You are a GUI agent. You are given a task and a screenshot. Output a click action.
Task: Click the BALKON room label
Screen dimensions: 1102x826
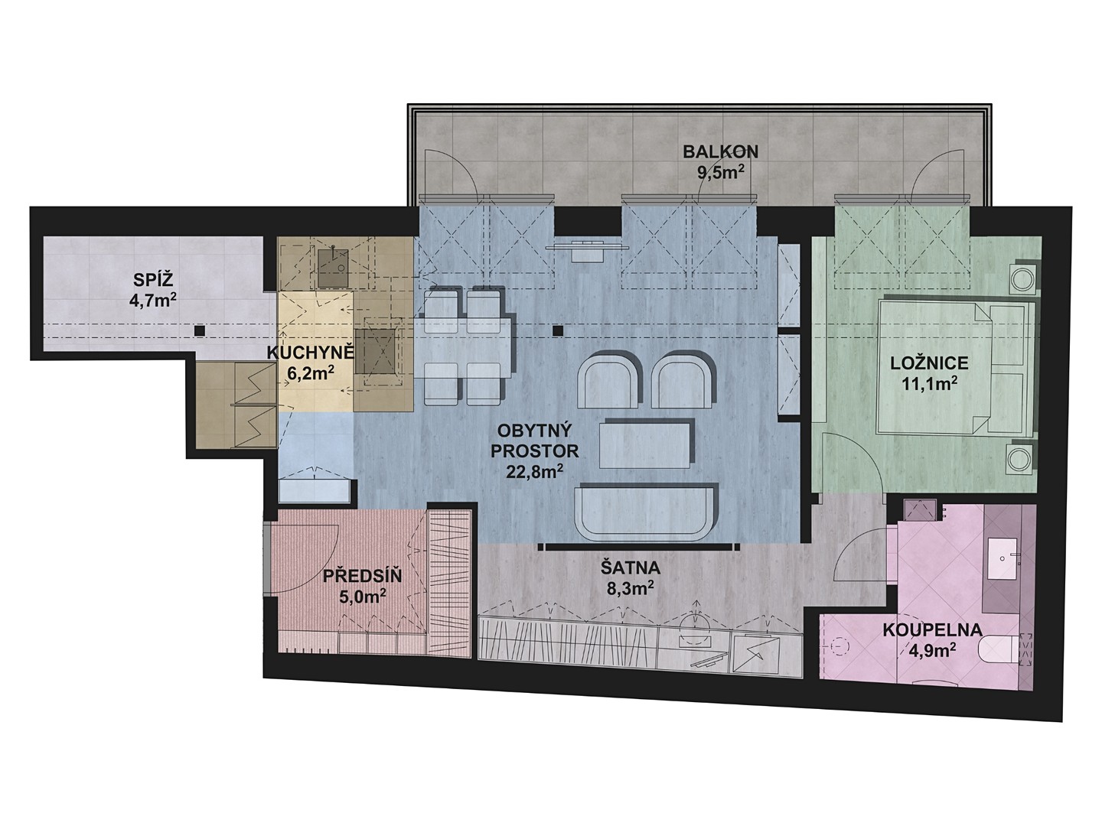click(x=720, y=151)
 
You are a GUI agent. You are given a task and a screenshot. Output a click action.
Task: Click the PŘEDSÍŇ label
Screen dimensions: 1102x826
click(x=362, y=576)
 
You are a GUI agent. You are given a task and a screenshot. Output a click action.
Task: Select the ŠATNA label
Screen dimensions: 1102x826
click(x=630, y=567)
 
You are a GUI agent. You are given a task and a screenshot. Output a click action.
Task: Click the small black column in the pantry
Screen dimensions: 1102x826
click(x=201, y=330)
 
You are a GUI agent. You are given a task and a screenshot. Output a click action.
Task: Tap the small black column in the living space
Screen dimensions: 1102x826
click(x=557, y=330)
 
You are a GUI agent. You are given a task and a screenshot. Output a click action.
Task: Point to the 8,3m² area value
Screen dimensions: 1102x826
click(x=630, y=588)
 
